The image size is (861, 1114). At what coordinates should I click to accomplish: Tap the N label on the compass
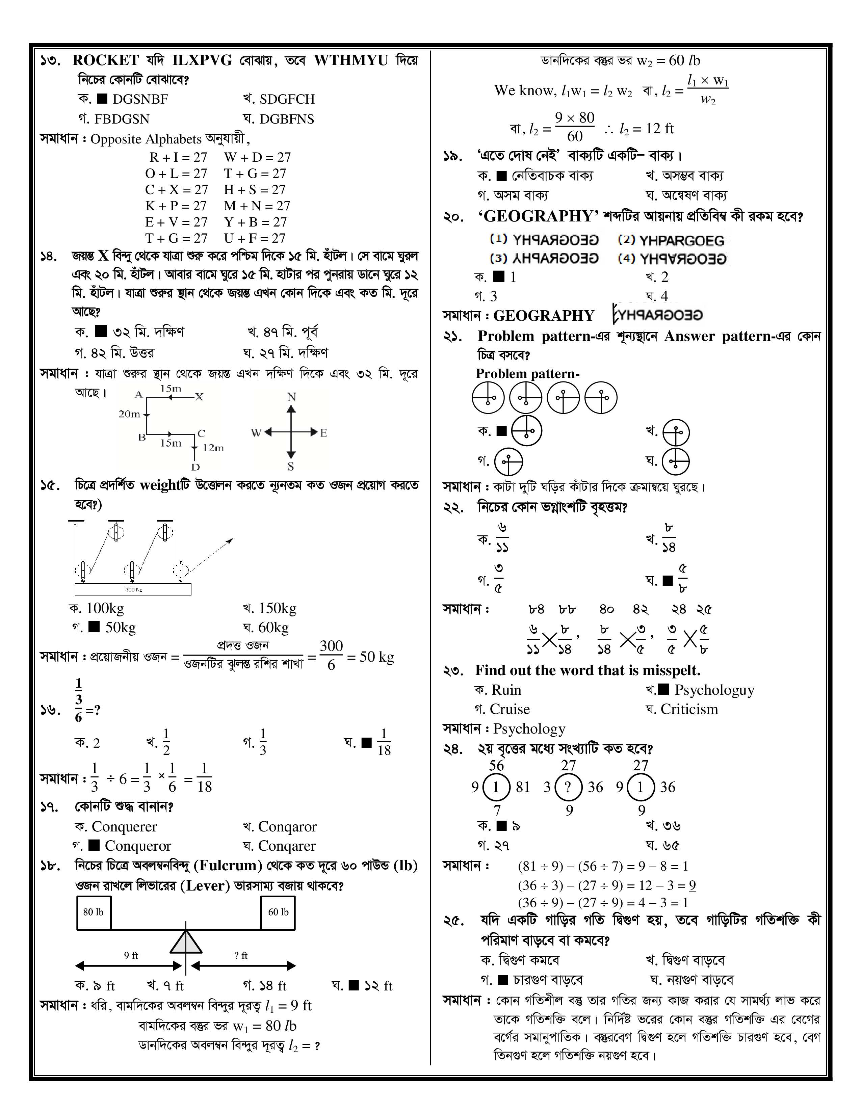point(292,397)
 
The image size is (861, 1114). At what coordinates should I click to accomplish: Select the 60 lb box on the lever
point(278,912)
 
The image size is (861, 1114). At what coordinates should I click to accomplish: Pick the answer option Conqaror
point(287,826)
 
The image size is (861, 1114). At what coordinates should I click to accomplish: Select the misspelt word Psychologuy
point(714,690)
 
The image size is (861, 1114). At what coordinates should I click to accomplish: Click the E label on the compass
point(323,433)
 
